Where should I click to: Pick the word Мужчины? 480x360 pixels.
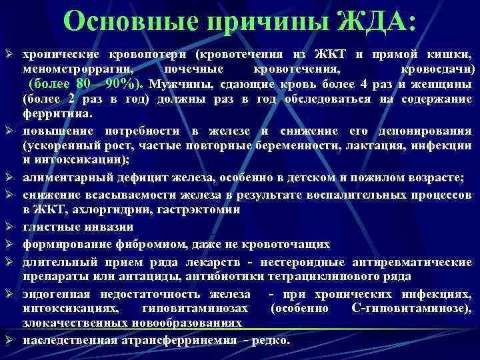coord(175,85)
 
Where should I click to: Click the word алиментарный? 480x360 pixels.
coord(67,177)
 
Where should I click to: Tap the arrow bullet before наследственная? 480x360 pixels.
coord(11,340)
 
